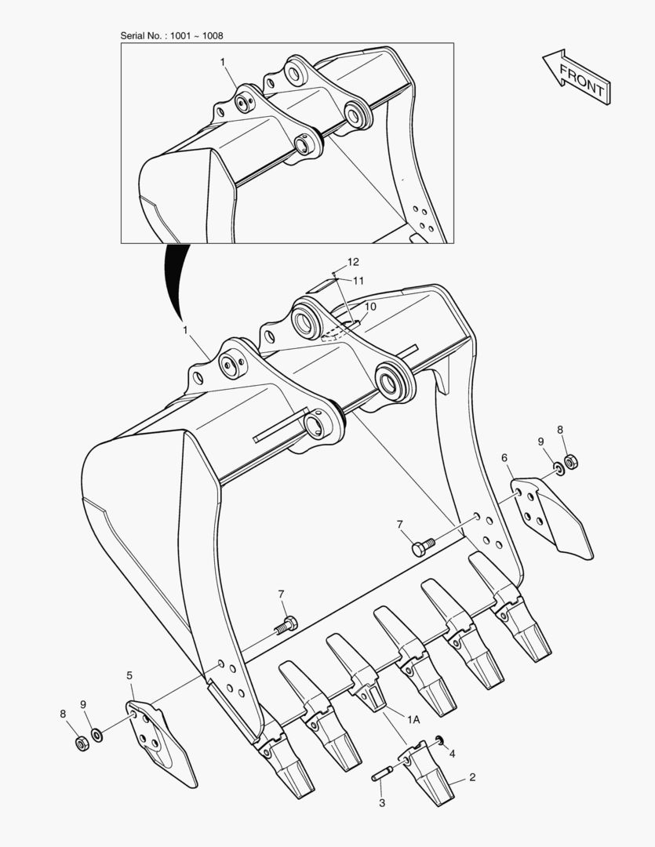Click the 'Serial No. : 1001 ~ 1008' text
pyautogui.click(x=171, y=35)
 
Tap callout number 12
pyautogui.click(x=353, y=262)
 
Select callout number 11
pyautogui.click(x=358, y=280)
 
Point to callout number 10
pyautogui.click(x=370, y=307)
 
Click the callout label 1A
pyautogui.click(x=413, y=719)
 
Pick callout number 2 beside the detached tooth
pyautogui.click(x=472, y=777)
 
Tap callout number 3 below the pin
pyautogui.click(x=382, y=803)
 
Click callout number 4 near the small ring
pyautogui.click(x=453, y=754)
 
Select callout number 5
pyautogui.click(x=129, y=675)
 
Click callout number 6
pyautogui.click(x=504, y=458)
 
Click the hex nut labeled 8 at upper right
pyautogui.click(x=571, y=462)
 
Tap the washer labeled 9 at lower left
pyautogui.click(x=97, y=735)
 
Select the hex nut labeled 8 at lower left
pyautogui.click(x=82, y=743)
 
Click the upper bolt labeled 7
pyautogui.click(x=423, y=547)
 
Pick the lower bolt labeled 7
pyautogui.click(x=286, y=626)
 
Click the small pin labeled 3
pyautogui.click(x=380, y=773)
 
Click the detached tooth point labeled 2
pyautogui.click(x=428, y=772)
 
